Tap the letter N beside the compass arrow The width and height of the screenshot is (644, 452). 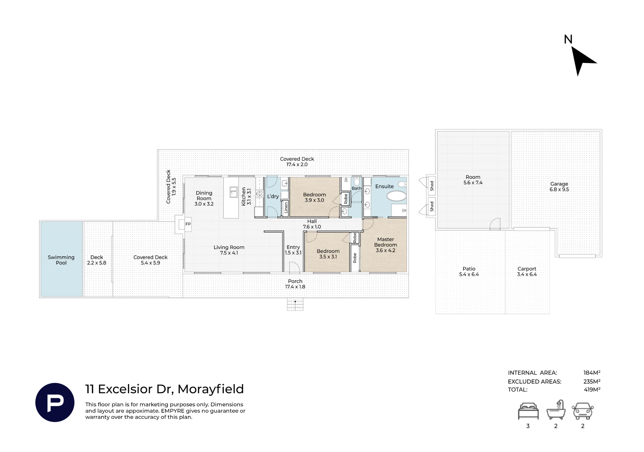[568, 39]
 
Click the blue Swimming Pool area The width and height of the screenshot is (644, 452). [62, 259]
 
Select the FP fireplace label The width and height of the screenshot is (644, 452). [188, 224]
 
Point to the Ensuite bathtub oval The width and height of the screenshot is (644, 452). [396, 196]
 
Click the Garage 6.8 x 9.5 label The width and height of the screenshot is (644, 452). [559, 187]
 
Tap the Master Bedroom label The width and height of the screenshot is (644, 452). [385, 245]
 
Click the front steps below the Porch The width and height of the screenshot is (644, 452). [295, 304]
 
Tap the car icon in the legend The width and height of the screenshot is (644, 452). [582, 411]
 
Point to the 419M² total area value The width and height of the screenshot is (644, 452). [592, 389]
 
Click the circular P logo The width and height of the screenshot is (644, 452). [55, 402]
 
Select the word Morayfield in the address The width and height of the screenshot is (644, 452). [211, 389]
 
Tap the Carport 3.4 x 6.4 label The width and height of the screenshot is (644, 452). [527, 272]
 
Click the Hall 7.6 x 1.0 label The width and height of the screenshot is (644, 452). [312, 224]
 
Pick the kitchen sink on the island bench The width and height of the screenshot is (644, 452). [233, 192]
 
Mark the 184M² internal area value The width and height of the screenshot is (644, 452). [592, 373]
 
